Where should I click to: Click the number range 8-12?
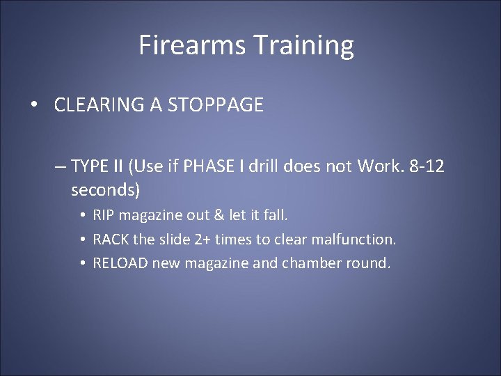(x=425, y=166)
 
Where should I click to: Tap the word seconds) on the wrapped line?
(x=105, y=189)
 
